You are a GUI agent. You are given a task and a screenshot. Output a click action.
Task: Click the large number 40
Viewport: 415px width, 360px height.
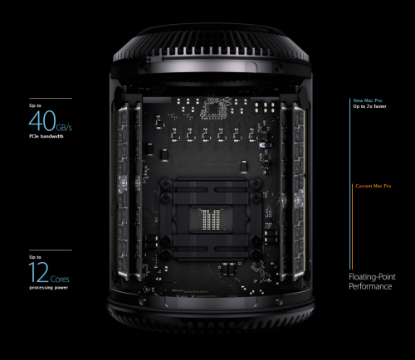tap(42, 120)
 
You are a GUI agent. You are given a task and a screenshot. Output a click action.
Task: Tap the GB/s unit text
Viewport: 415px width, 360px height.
tap(64, 128)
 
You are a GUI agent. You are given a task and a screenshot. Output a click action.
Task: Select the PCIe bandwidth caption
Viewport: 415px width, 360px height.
tap(46, 136)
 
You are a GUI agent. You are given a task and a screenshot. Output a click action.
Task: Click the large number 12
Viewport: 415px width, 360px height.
tap(39, 272)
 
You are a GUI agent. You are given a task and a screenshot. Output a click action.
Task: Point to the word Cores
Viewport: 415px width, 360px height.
tap(60, 279)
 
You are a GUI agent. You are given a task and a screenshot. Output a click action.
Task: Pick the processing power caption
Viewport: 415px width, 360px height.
tap(48, 288)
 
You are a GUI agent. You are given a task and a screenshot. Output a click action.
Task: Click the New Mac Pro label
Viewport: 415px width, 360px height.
tap(368, 100)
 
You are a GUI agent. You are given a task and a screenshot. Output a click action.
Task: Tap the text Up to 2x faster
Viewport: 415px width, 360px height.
tap(369, 106)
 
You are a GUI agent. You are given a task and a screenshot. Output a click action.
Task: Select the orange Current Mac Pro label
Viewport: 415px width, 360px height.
tap(373, 186)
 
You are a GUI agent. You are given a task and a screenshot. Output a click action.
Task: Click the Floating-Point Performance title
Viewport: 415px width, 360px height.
tap(372, 281)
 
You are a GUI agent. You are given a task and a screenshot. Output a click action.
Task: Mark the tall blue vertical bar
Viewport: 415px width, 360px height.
tap(350, 184)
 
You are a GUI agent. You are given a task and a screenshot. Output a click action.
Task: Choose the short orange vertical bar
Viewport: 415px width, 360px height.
tap(352, 226)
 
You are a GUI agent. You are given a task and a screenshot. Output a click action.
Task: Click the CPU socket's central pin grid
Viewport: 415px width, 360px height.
tap(211, 220)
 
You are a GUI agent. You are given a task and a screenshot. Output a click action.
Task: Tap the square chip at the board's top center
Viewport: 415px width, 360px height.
tap(213, 109)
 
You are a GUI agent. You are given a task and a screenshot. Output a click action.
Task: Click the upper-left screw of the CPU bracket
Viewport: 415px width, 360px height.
tap(166, 183)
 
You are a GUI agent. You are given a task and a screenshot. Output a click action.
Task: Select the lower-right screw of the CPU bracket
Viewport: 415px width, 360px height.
tap(256, 253)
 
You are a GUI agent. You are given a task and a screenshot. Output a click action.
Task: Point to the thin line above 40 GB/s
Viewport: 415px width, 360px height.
tap(51, 98)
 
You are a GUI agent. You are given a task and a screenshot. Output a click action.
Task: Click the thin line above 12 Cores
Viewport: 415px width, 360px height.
tap(51, 251)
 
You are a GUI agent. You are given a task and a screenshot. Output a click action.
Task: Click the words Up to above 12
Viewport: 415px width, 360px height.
tap(35, 257)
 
